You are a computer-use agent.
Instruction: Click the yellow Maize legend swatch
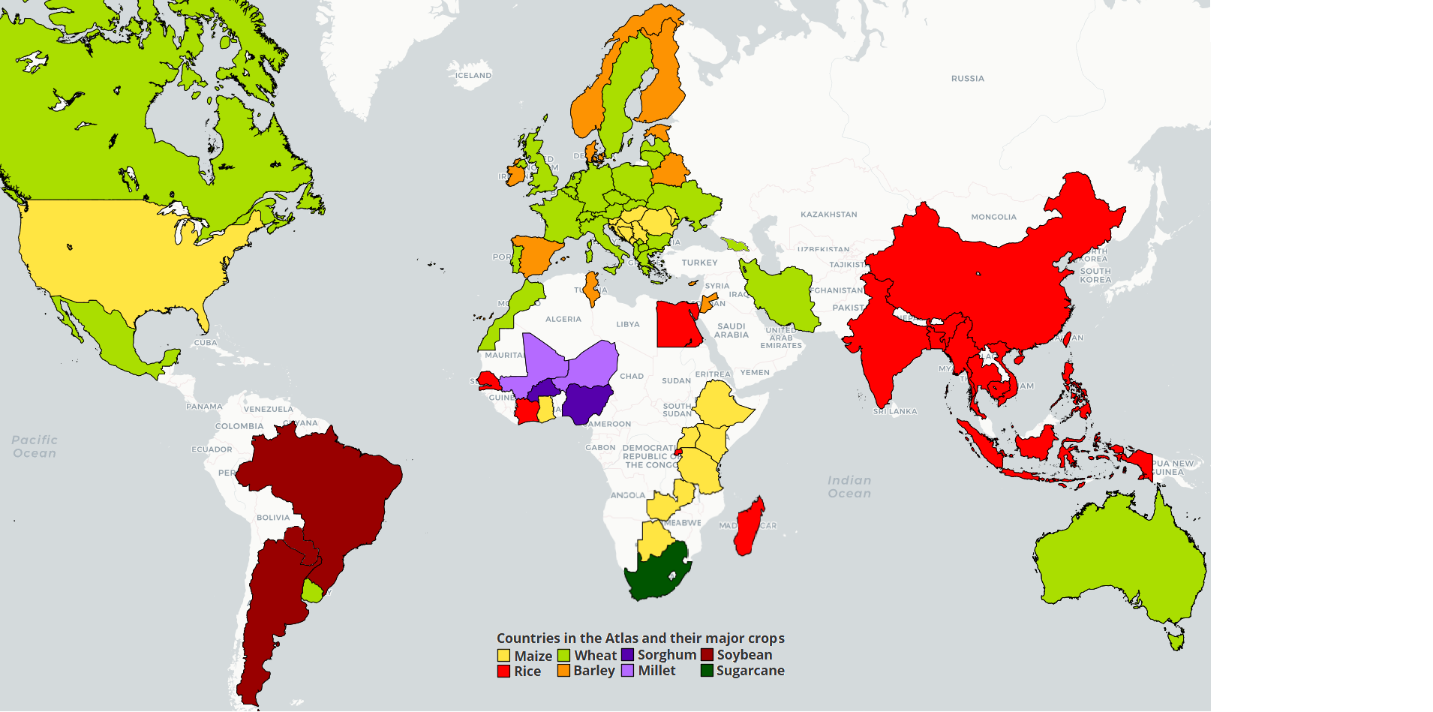click(x=503, y=656)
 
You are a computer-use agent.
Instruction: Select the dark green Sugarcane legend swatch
click(x=707, y=671)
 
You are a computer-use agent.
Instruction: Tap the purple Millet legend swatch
click(x=627, y=671)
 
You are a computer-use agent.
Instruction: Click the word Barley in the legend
click(x=593, y=671)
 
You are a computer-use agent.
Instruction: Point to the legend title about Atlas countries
click(x=640, y=638)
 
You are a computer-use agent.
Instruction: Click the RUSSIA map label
click(x=967, y=79)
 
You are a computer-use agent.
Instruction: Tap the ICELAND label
click(x=473, y=76)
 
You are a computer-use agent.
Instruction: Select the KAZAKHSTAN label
click(x=828, y=215)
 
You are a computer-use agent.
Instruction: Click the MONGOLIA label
click(x=993, y=218)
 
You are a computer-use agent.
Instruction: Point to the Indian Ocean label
click(x=849, y=487)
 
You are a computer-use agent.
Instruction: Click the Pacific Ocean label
click(x=35, y=446)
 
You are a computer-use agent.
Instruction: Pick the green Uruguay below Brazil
click(x=312, y=592)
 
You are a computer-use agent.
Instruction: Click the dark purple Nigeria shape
click(x=586, y=403)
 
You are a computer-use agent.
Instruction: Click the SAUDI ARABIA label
click(x=731, y=331)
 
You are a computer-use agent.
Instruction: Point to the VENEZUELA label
click(x=268, y=410)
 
